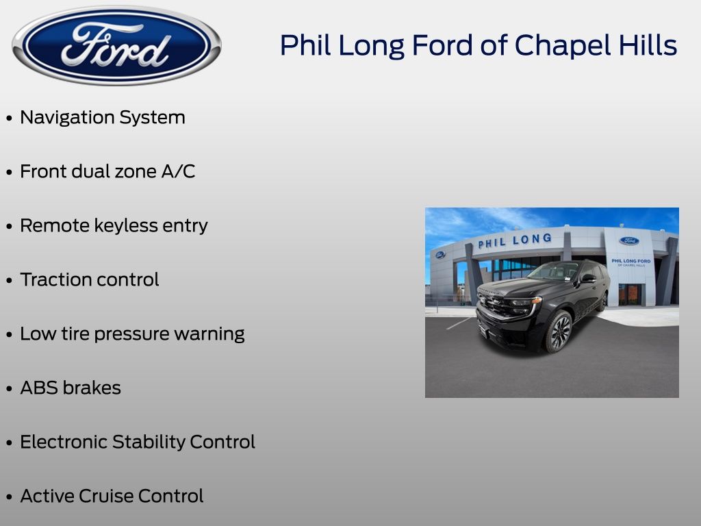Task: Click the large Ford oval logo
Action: pyautogui.click(x=116, y=46)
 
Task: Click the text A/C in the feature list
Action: pyautogui.click(x=179, y=171)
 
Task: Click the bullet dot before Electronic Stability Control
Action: pyautogui.click(x=9, y=442)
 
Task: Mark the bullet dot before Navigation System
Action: pyautogui.click(x=9, y=118)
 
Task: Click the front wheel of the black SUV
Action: pyautogui.click(x=559, y=331)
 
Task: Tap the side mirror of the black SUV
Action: pyautogui.click(x=588, y=278)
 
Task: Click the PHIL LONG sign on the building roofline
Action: pyautogui.click(x=515, y=240)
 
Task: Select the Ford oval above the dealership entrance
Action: pyautogui.click(x=629, y=241)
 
